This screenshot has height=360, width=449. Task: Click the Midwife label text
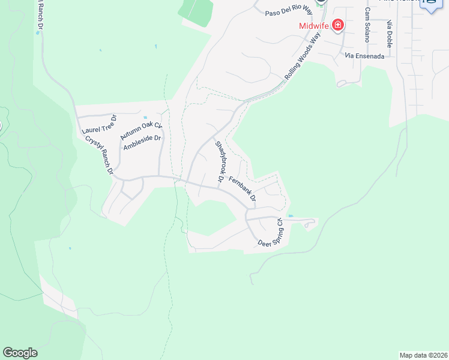coord(314,26)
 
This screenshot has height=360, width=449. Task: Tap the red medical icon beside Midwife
coord(338,25)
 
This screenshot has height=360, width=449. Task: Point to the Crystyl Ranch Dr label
coord(100,155)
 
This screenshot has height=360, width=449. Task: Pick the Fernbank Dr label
coord(243,188)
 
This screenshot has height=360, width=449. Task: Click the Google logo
coord(20,352)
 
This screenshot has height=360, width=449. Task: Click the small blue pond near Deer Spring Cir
coord(291,216)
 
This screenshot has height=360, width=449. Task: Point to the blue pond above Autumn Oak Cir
coord(145,118)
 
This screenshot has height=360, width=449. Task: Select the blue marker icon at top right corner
coord(431,5)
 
